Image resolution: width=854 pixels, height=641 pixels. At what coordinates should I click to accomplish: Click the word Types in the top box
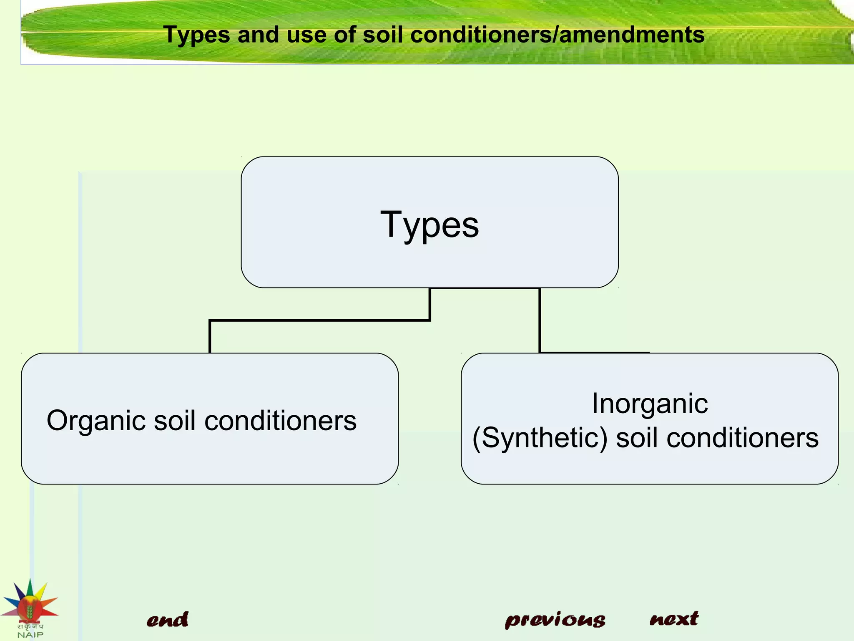[x=430, y=225]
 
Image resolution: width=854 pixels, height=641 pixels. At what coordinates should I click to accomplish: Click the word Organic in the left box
[x=95, y=421]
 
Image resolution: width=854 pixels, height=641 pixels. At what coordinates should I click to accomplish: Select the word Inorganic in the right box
[x=650, y=404]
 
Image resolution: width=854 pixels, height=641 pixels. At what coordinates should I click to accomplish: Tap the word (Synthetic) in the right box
[x=540, y=438]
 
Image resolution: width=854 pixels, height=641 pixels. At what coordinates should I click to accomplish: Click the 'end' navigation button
[x=167, y=620]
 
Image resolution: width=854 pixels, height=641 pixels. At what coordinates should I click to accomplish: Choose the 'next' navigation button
[x=674, y=618]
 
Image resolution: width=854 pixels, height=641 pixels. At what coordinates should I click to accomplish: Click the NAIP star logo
[x=29, y=601]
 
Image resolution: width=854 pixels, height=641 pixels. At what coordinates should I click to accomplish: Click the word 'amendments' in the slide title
[x=631, y=35]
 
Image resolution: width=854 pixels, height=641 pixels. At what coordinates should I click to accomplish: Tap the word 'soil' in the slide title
[x=383, y=35]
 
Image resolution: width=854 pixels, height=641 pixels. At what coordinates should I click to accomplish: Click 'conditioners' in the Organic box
[x=281, y=421]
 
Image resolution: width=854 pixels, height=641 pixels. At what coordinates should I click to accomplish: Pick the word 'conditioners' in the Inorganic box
[x=742, y=438]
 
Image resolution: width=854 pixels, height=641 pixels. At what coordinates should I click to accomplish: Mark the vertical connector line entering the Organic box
[x=210, y=337]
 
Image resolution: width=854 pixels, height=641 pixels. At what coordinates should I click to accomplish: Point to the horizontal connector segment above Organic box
[x=319, y=320]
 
